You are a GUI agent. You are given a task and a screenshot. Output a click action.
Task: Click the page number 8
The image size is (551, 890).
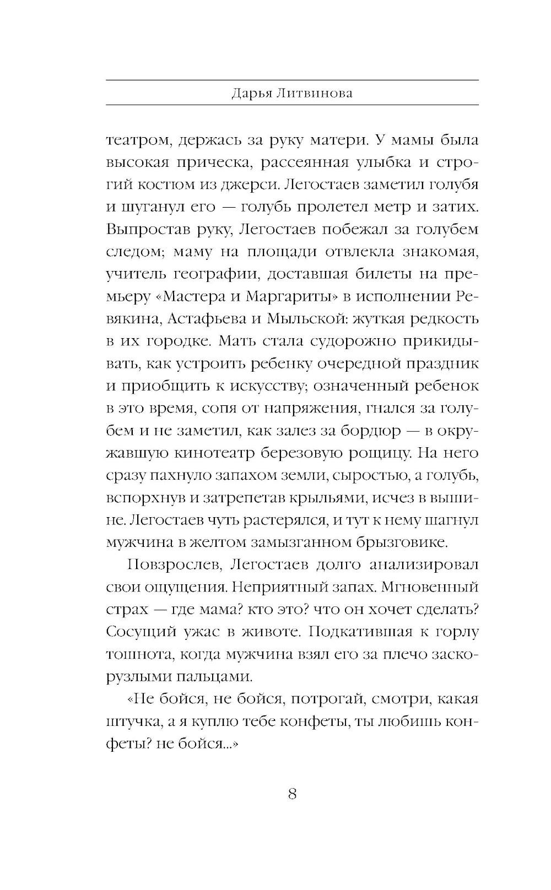293,794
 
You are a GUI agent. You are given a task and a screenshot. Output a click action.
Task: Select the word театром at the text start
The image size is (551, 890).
134,140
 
